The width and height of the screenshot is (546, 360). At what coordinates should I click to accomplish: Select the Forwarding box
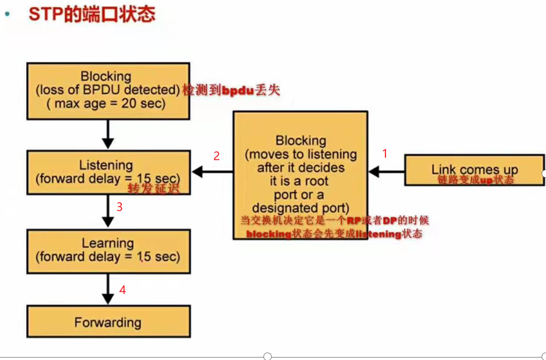click(x=108, y=321)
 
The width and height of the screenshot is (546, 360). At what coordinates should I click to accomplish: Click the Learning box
click(x=108, y=250)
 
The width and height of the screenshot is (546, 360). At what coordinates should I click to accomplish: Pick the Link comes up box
click(x=474, y=170)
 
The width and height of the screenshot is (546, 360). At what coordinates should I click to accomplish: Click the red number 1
click(x=384, y=154)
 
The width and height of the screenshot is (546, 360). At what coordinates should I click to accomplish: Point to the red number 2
click(x=216, y=156)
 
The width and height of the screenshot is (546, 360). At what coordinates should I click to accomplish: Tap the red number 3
click(x=119, y=207)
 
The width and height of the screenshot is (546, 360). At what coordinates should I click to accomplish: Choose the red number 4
click(x=122, y=290)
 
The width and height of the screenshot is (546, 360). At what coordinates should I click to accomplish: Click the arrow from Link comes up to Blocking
click(x=386, y=173)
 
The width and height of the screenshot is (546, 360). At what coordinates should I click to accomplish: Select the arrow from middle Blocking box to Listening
click(x=212, y=173)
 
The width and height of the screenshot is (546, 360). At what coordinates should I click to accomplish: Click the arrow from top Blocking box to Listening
click(x=108, y=133)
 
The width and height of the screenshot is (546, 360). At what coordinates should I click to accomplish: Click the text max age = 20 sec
click(x=107, y=103)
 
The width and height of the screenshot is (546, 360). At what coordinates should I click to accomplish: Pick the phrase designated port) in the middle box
click(x=300, y=208)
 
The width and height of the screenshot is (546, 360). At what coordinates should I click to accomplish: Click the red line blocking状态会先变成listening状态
click(x=334, y=234)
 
